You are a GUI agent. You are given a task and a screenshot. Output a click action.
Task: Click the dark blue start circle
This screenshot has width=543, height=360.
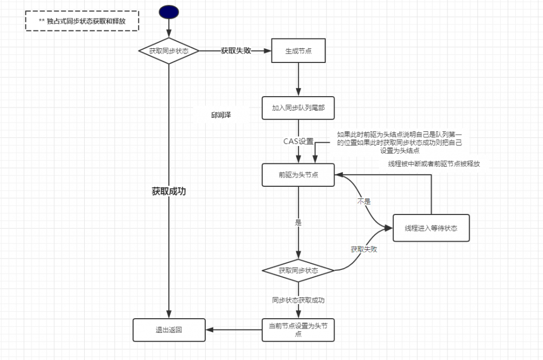pos(169,12)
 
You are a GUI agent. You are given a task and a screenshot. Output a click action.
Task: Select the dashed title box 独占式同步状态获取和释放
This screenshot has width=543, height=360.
pos(82,22)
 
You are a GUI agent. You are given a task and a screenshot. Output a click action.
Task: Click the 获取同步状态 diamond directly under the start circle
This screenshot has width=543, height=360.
pos(169,51)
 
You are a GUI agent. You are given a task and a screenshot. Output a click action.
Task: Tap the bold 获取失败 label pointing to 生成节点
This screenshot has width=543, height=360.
pos(236,50)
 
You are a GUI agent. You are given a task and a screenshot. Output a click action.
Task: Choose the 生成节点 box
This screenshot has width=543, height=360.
pos(298,51)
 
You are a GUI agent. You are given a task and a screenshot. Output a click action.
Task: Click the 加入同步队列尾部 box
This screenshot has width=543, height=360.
pos(298,108)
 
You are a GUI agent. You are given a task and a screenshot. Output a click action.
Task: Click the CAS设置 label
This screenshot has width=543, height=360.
pos(299,141)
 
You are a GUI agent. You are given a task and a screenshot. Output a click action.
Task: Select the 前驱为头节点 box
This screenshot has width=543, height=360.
pos(298,175)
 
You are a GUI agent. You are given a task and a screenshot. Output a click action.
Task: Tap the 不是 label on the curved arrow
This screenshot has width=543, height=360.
pos(363,201)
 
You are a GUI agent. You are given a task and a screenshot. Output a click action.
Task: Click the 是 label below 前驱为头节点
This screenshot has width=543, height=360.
pos(298,223)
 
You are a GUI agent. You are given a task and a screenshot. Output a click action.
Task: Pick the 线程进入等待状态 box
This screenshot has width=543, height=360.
pos(431,228)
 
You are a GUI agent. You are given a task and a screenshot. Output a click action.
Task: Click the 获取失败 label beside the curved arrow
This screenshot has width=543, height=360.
pos(364,250)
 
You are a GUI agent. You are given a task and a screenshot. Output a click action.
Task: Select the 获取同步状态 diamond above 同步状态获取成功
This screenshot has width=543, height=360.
pos(298,270)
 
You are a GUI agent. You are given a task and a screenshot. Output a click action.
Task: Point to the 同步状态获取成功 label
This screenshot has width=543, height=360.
pos(299,300)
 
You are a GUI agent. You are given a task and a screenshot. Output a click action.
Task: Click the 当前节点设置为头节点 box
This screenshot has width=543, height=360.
pos(298,330)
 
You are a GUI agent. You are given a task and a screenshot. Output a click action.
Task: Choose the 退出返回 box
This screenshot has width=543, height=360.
pos(169,330)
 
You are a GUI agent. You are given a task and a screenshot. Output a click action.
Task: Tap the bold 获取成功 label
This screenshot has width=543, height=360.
pos(169,191)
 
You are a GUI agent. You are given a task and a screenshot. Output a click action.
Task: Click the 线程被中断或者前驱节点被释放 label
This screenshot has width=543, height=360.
pos(434,163)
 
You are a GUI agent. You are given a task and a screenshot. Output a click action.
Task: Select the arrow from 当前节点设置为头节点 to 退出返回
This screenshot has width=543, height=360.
pos(234,330)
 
